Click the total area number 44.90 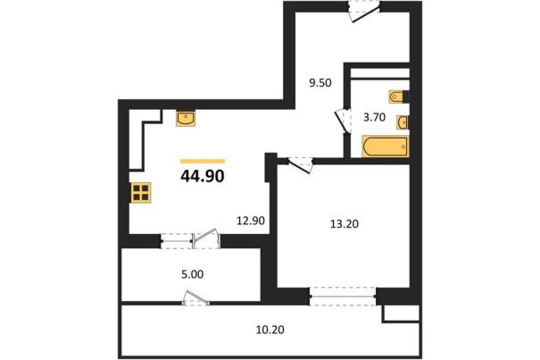[203, 176]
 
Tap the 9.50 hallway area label [320, 83]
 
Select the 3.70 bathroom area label [374, 118]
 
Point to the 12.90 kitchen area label [251, 221]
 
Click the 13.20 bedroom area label [345, 224]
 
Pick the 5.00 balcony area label [192, 274]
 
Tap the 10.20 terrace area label [270, 330]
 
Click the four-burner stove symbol [140, 193]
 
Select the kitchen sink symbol [186, 118]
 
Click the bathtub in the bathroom [385, 147]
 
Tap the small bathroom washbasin [403, 122]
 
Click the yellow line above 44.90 [203, 161]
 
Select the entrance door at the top [364, 13]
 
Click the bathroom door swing [343, 121]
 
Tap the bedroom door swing [301, 165]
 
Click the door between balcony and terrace [196, 298]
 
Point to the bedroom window [343, 296]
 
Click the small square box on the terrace [402, 314]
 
